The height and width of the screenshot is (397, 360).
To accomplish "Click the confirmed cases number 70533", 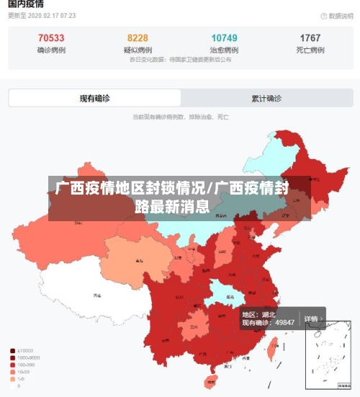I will [50, 37].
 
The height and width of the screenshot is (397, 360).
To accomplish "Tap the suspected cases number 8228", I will [138, 37].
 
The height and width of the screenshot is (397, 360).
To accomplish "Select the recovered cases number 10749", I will [224, 37].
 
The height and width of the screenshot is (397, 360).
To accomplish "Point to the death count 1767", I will [310, 37].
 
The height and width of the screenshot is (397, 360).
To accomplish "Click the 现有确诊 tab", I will [94, 98].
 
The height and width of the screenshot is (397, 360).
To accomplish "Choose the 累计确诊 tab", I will [266, 98].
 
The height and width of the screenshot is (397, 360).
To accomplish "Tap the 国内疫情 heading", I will [26, 4].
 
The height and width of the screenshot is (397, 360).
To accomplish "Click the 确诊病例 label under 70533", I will [50, 50].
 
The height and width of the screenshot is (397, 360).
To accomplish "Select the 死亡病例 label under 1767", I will [310, 50].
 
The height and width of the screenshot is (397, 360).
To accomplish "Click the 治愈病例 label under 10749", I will [224, 50].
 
